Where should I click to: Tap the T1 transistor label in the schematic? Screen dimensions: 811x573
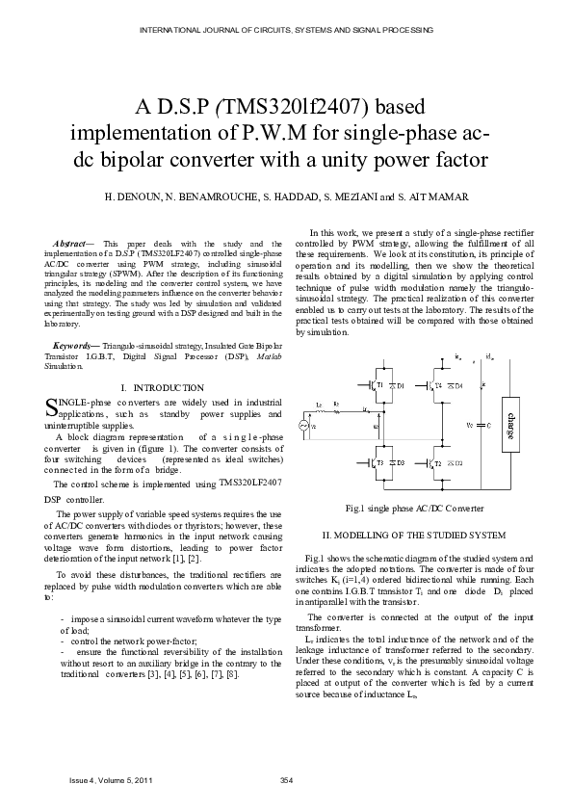pyautogui.click(x=379, y=385)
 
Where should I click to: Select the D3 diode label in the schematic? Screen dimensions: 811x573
pyautogui.click(x=401, y=462)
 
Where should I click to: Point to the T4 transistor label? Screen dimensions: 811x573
pyautogui.click(x=438, y=385)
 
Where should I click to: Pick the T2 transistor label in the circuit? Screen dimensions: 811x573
pyautogui.click(x=438, y=463)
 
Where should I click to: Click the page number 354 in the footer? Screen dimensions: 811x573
pyautogui.click(x=285, y=779)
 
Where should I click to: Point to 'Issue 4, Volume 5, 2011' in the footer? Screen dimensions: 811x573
pyautogui.click(x=110, y=779)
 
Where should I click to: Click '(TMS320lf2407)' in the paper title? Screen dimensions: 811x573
pyautogui.click(x=313, y=103)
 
